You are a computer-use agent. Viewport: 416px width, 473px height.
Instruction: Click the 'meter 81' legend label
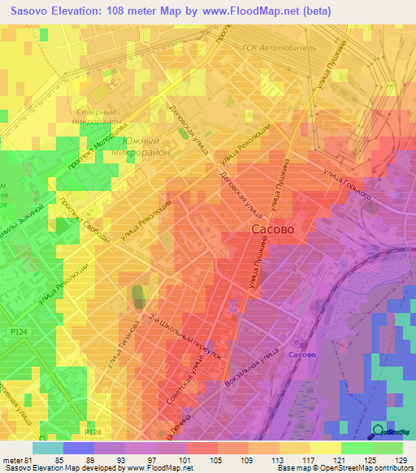[15, 439]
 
